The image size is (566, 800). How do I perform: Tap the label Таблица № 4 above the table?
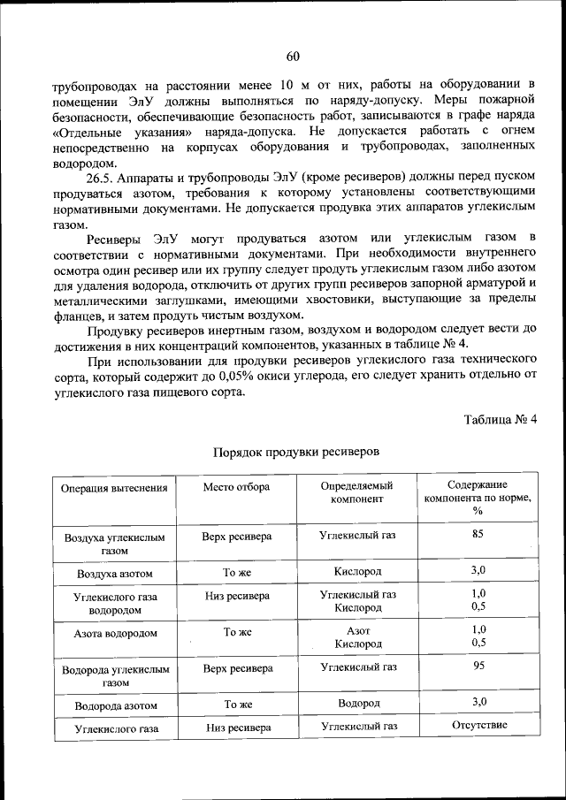tap(501, 418)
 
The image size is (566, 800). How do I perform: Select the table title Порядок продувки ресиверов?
tap(296, 451)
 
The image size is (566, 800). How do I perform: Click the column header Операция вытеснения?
tap(113, 490)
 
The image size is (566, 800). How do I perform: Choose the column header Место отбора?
tap(236, 487)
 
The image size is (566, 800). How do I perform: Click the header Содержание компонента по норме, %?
tap(478, 498)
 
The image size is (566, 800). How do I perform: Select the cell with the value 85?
tap(478, 533)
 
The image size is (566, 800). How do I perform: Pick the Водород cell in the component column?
tap(357, 703)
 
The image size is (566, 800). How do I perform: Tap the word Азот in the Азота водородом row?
tap(357, 630)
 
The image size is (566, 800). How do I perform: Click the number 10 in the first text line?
tap(286, 85)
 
